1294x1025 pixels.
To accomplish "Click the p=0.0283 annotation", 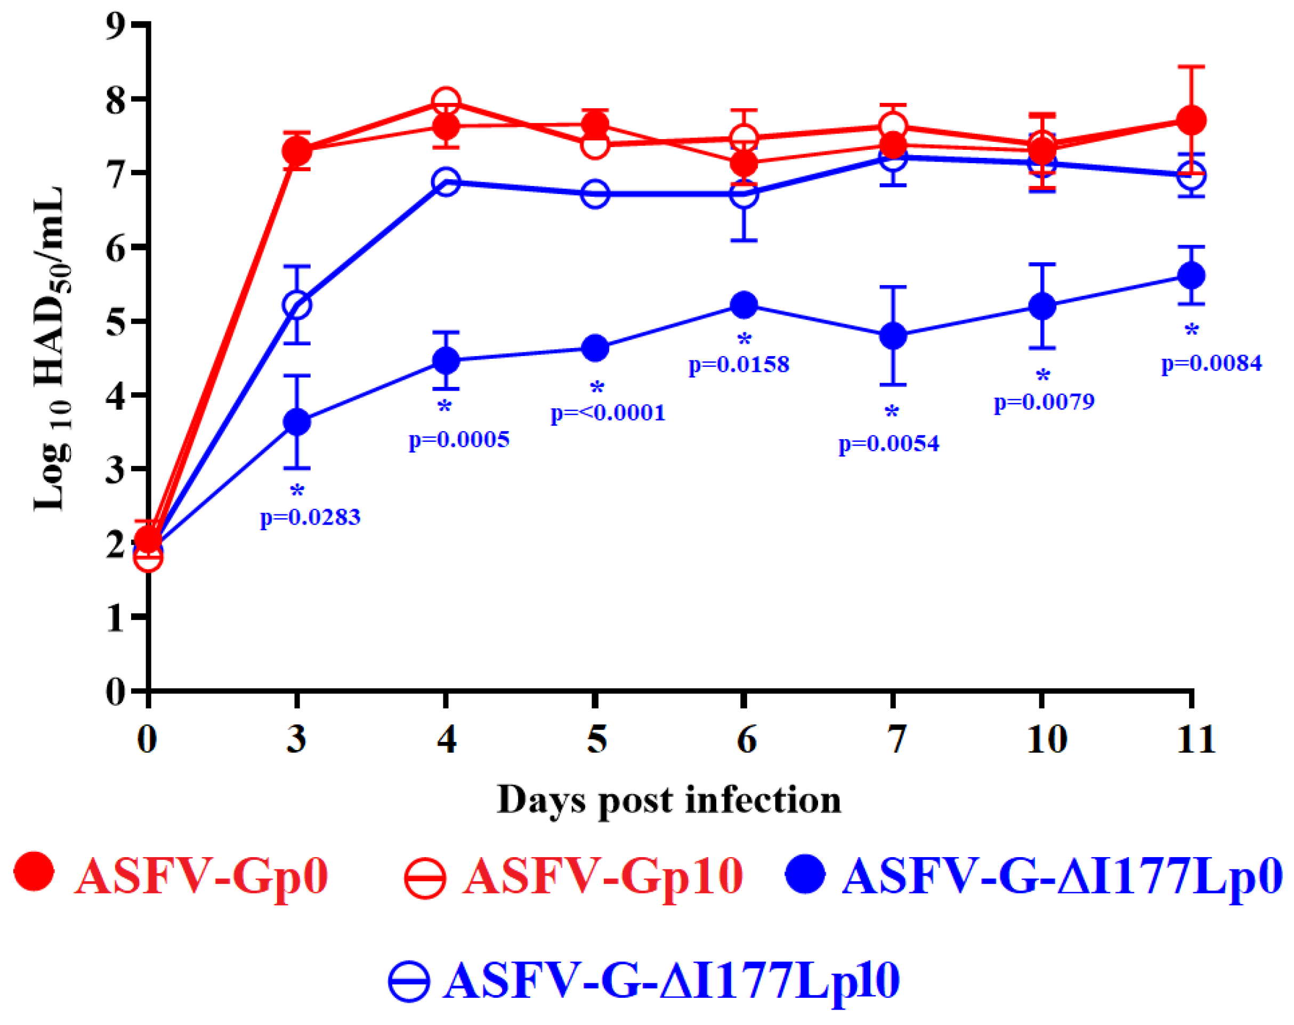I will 310,518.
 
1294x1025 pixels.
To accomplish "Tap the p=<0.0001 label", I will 608,413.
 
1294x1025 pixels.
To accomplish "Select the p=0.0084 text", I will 1211,363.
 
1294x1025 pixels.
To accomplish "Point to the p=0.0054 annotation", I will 888,443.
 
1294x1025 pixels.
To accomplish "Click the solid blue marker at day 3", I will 296,422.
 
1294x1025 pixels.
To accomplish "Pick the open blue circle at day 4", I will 446,181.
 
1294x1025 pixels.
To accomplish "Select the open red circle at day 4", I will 446,100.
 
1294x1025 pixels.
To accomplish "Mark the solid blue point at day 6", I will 744,305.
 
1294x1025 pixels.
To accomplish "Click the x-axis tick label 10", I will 1047,739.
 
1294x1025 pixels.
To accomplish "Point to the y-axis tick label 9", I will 116,25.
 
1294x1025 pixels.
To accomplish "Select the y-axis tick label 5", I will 116,321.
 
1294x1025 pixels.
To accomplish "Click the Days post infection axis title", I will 669,801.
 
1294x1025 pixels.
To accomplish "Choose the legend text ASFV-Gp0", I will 201,877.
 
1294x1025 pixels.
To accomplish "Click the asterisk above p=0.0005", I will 444,407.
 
